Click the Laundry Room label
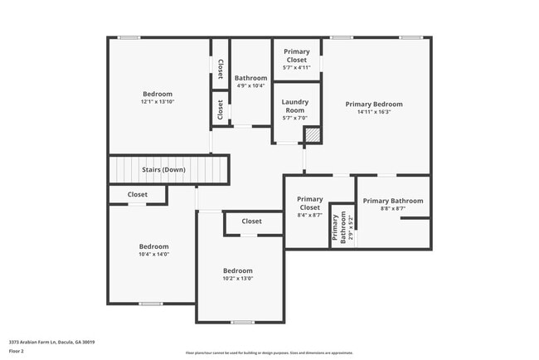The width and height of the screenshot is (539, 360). click(x=295, y=106)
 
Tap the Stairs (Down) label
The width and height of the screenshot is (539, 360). click(x=163, y=170)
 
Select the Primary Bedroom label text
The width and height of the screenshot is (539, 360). click(x=374, y=104)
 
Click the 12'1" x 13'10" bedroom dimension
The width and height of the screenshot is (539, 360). click(x=158, y=101)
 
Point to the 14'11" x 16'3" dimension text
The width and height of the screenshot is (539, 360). click(x=374, y=111)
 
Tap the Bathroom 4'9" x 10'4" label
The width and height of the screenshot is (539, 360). click(x=250, y=81)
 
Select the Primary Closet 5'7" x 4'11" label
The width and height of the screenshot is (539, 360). click(x=297, y=60)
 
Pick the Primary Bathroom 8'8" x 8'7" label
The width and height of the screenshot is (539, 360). click(x=392, y=205)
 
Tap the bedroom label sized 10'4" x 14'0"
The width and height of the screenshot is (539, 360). click(x=153, y=251)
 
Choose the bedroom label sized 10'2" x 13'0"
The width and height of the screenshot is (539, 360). click(x=238, y=275)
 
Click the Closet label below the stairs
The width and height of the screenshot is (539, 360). click(x=138, y=195)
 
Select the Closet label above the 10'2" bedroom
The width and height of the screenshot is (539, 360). click(x=251, y=221)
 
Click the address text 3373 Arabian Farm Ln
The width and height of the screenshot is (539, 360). click(x=51, y=342)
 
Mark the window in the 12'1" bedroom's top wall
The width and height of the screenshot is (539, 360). click(x=128, y=37)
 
